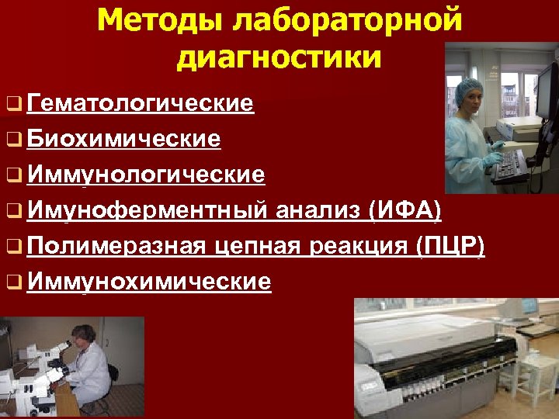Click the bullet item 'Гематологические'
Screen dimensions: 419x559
140,103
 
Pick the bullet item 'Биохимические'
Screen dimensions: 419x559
123,139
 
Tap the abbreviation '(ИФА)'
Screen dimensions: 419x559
404,210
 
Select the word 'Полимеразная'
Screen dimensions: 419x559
116,246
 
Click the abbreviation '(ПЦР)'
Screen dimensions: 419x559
450,246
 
